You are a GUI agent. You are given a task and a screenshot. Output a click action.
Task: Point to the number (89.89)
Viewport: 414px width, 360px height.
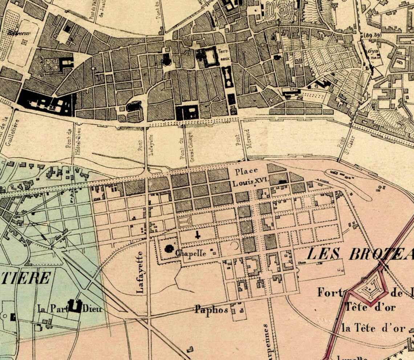point(372,36)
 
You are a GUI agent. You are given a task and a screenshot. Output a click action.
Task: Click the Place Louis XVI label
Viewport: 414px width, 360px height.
point(247,177)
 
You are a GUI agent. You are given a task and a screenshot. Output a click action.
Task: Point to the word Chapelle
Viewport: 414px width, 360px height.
point(191,253)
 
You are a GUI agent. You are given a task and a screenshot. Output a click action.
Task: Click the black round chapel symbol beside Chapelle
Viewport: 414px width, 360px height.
point(169,249)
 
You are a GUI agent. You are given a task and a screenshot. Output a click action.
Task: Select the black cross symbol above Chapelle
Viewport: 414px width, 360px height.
point(198,235)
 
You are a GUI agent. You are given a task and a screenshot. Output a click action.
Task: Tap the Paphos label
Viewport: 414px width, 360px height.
point(211,310)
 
